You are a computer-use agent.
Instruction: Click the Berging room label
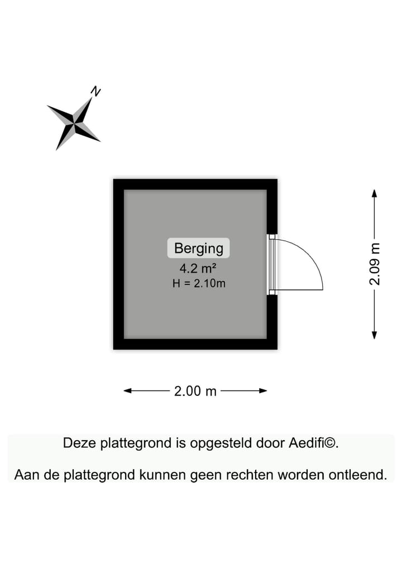(198, 248)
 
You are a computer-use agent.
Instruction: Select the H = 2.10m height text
(199, 283)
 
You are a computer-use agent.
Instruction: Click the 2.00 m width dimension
(195, 391)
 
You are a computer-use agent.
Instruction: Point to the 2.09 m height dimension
(375, 264)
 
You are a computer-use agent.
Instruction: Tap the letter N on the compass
(95, 90)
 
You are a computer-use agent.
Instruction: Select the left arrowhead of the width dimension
(127, 391)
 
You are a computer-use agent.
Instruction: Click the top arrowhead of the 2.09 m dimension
(375, 193)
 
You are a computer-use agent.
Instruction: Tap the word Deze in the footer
(79, 443)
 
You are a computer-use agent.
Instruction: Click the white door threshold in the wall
(272, 264)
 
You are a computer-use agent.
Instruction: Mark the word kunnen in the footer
(162, 475)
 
